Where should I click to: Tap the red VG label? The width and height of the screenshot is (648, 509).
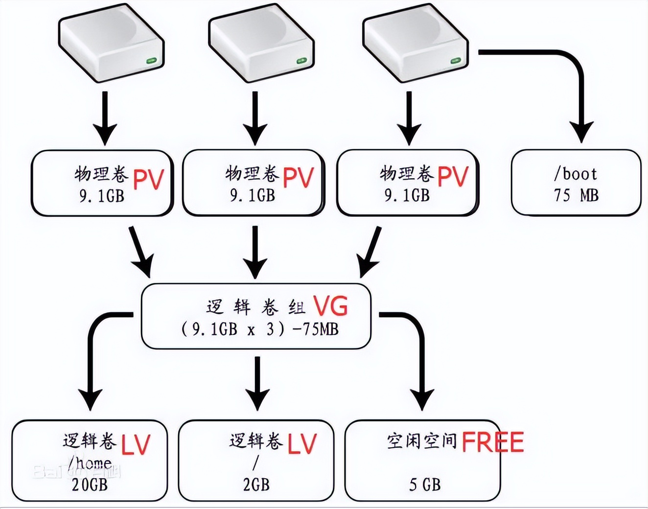pyautogui.click(x=331, y=306)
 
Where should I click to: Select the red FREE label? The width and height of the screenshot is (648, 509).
pyautogui.click(x=492, y=442)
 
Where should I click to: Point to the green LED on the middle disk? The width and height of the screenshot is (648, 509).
pyautogui.click(x=301, y=61)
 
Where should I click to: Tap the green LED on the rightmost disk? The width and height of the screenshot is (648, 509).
pyautogui.click(x=455, y=61)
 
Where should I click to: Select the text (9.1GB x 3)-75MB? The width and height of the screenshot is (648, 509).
pyautogui.click(x=259, y=329)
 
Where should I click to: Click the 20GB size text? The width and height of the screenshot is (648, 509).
pyautogui.click(x=90, y=485)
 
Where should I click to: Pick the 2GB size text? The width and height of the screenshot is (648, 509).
pyautogui.click(x=256, y=484)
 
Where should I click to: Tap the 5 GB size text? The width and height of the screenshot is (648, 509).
pyautogui.click(x=425, y=485)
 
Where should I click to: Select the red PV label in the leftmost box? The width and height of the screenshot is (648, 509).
pyautogui.click(x=148, y=180)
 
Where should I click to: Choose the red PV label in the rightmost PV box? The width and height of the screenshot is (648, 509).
pyautogui.click(x=453, y=177)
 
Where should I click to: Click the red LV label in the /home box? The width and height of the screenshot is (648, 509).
pyautogui.click(x=136, y=445)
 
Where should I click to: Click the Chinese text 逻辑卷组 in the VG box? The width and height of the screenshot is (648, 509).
pyautogui.click(x=255, y=307)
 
